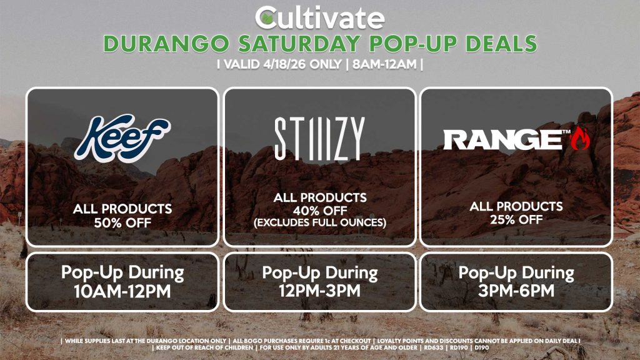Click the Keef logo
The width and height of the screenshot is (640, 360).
pos(122,137)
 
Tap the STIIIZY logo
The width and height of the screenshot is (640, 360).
pos(319,139)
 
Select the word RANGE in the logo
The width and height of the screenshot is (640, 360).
pos(501,139)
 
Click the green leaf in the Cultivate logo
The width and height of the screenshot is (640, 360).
pos(267,17)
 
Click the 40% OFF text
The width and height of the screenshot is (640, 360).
pos(319,209)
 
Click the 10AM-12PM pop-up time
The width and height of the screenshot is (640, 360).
pos(122,291)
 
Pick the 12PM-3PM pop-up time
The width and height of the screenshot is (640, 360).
pos(319,291)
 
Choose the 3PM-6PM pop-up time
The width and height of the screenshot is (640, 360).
pos(516,291)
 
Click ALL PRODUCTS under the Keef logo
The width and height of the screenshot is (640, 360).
pos(122,209)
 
